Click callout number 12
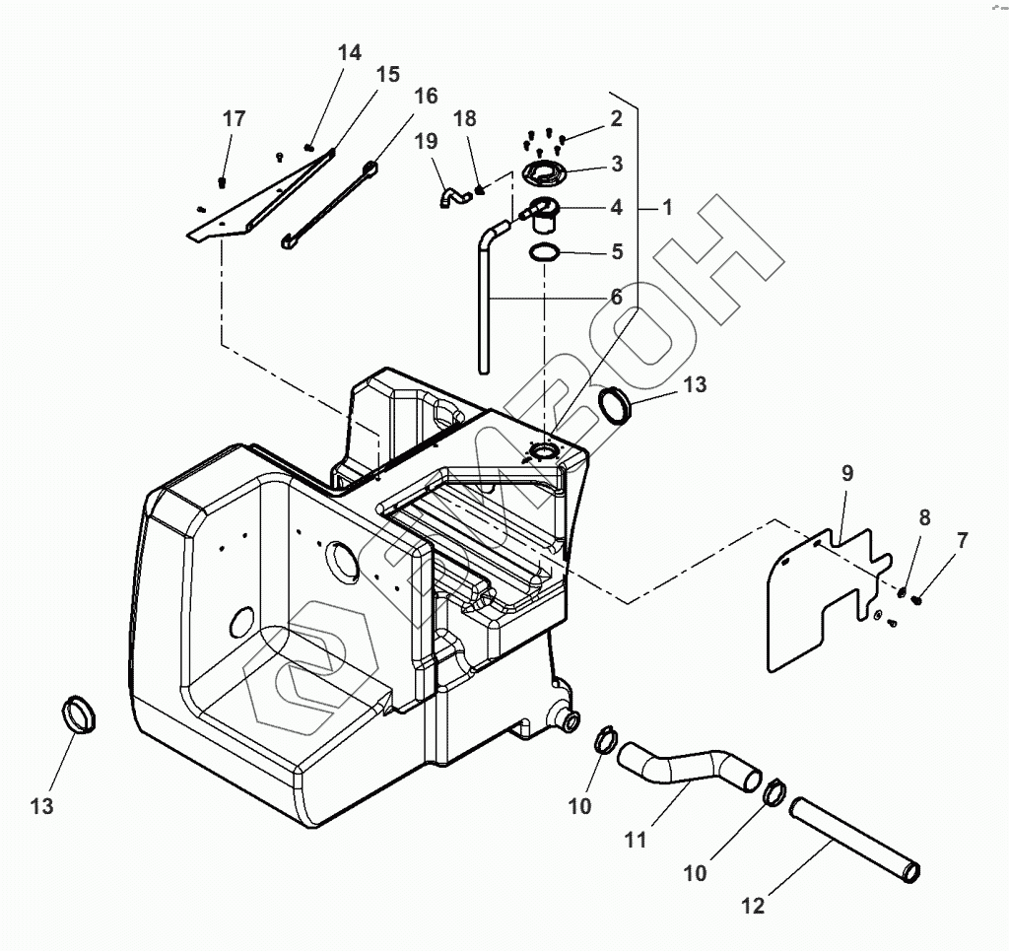coord(753,906)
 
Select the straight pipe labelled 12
coord(854,840)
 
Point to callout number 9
coord(847,473)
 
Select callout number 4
coord(617,207)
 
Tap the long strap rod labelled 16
coord(329,205)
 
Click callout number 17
coord(235,118)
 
